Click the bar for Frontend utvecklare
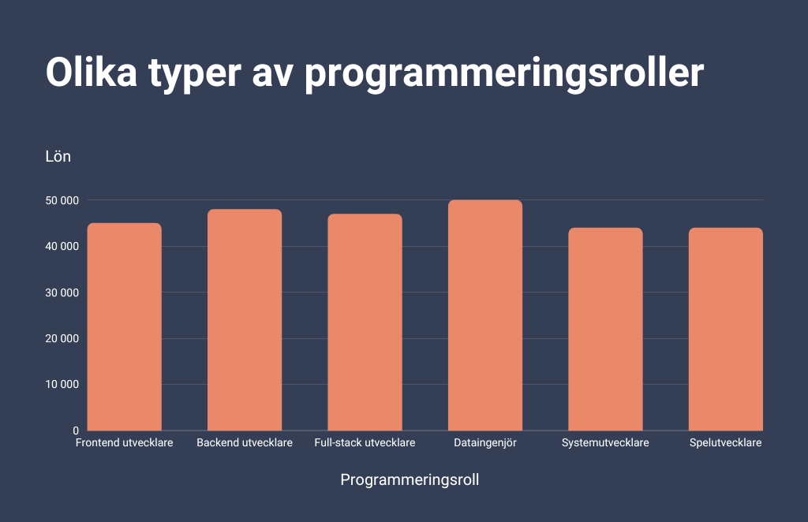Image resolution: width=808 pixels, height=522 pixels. click(x=124, y=326)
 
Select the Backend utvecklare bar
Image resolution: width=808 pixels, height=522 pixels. click(x=245, y=319)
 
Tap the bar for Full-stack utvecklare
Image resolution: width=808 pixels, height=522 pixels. click(x=365, y=322)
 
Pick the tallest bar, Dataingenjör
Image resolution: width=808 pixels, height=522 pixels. click(x=485, y=315)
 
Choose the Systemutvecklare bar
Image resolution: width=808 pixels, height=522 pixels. click(x=605, y=329)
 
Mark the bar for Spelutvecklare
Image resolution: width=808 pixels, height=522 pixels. click(x=725, y=329)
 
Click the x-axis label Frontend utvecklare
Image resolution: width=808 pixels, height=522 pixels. click(x=124, y=443)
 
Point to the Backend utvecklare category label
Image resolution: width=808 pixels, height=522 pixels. click(x=245, y=443)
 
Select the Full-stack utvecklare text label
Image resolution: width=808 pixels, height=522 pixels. click(x=365, y=443)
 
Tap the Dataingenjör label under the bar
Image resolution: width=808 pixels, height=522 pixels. click(x=485, y=443)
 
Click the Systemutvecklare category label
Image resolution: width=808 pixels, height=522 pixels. click(x=605, y=443)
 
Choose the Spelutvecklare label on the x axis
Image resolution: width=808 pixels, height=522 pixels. click(x=725, y=443)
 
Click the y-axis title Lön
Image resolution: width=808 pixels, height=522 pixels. click(x=58, y=157)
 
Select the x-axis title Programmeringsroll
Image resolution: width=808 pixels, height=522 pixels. click(x=410, y=480)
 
